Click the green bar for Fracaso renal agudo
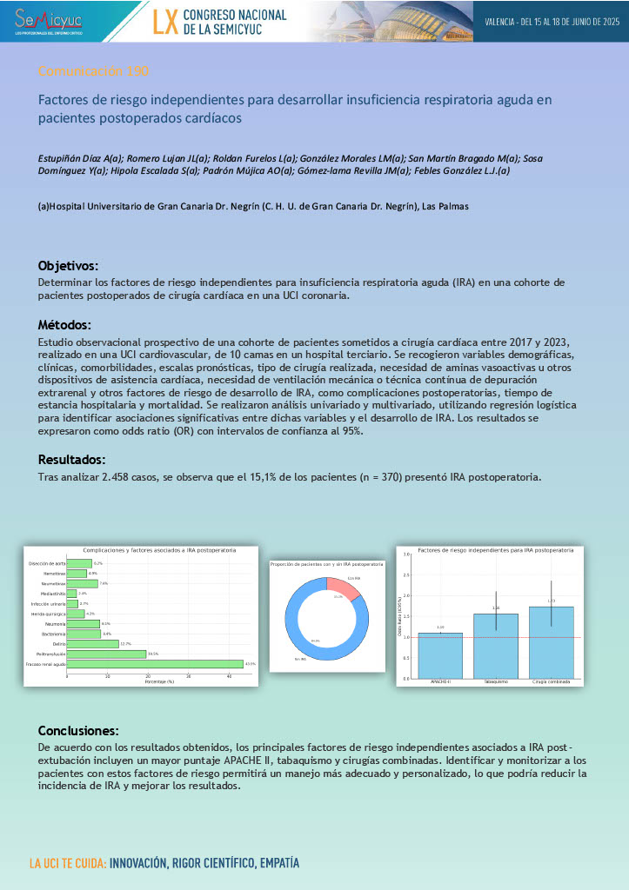point(155,664)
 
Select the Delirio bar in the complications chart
point(92,644)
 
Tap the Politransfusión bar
point(106,654)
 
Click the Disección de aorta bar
point(79,564)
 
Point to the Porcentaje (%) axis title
point(158,681)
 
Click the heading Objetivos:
point(68,265)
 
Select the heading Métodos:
point(64,325)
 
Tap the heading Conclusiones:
point(78,730)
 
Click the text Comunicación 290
point(98,71)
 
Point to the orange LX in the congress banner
point(165,22)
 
